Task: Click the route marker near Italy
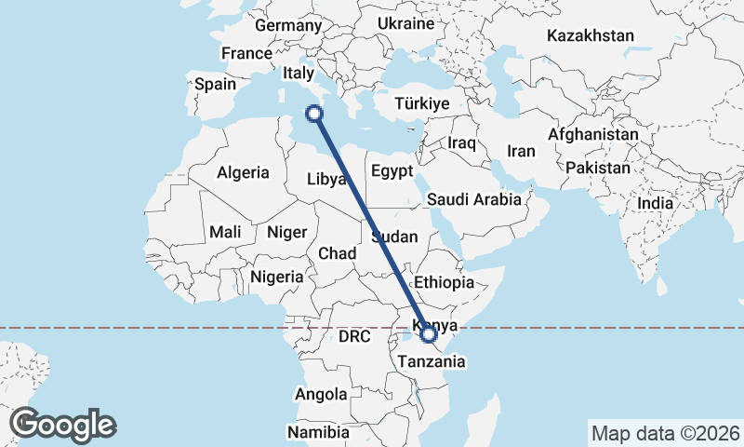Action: click(x=314, y=114)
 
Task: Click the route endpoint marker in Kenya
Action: click(x=429, y=333)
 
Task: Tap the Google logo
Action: click(x=63, y=424)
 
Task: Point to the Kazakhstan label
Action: click(x=591, y=36)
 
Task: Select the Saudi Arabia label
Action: click(x=474, y=199)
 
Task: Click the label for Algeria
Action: click(x=243, y=172)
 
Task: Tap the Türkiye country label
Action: click(x=422, y=103)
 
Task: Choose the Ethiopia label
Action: click(x=445, y=282)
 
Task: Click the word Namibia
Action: click(x=318, y=433)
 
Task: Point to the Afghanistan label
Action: click(x=593, y=134)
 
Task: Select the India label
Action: click(x=655, y=203)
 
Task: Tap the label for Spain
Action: click(x=215, y=84)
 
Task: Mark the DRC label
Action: click(x=354, y=335)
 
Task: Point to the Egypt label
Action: click(x=391, y=171)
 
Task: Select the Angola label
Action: click(x=321, y=394)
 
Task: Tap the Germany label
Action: click(x=286, y=25)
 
